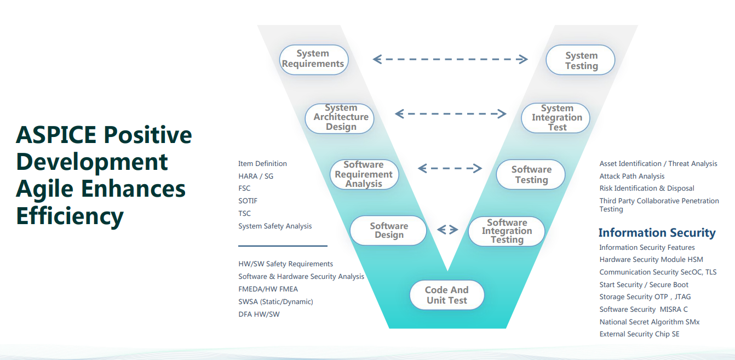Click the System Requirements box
(313, 59)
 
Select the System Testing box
(581, 61)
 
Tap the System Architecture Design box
(340, 118)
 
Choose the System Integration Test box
(556, 118)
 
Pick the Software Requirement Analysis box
(364, 174)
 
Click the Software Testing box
(531, 175)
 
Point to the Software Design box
(389, 231)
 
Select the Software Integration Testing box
(507, 231)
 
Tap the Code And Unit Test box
(447, 295)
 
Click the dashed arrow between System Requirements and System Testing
(450, 59)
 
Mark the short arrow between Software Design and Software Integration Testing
(447, 230)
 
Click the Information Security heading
(657, 233)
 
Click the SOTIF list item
(248, 201)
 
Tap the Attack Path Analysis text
(631, 176)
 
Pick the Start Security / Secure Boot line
(644, 284)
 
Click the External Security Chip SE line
(639, 334)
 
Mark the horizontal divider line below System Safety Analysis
(283, 246)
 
